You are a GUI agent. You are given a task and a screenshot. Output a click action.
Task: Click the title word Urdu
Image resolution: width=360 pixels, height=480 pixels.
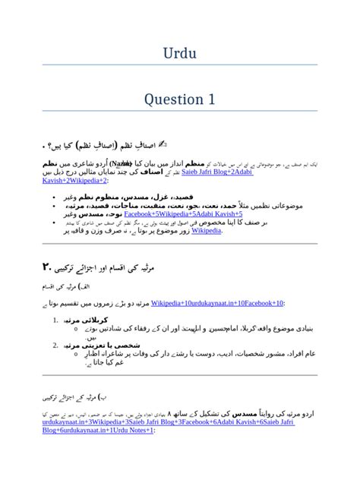(x=180, y=53)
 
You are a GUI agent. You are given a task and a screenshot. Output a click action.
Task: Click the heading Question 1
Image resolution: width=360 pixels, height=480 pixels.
(x=180, y=99)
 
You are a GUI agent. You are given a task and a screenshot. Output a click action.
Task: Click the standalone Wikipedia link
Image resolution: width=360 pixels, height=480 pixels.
(x=207, y=231)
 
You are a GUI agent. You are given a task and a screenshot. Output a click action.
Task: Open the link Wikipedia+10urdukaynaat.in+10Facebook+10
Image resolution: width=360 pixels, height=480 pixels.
(x=217, y=303)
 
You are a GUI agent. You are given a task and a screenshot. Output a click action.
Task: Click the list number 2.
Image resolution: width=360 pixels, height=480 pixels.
(x=56, y=345)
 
